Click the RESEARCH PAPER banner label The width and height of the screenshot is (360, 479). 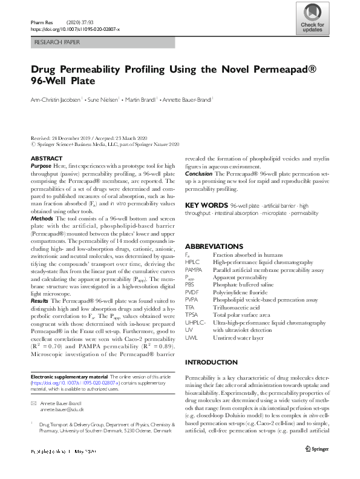(x=57, y=44)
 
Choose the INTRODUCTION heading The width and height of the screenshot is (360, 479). (x=212, y=362)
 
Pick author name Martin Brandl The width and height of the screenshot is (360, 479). (x=140, y=99)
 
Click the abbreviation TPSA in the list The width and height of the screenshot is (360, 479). (x=192, y=315)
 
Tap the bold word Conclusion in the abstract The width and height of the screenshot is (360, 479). (x=198, y=174)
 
